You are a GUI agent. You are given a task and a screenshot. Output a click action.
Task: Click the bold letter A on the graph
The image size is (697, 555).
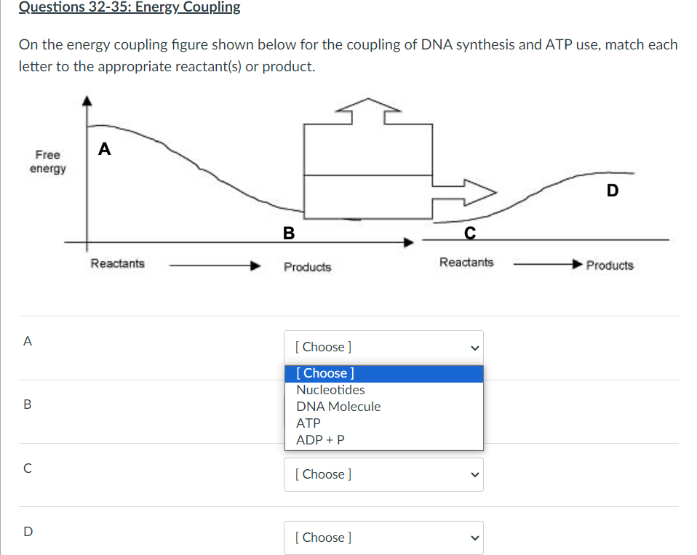[105, 149]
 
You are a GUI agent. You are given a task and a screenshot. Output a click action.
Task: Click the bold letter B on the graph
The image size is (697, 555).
[289, 233]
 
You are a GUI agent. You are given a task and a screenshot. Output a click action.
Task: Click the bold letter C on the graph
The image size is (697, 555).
[470, 232]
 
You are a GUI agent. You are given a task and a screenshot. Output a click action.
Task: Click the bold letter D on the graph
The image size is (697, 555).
[612, 191]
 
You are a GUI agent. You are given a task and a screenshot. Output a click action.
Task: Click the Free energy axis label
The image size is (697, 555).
[47, 161]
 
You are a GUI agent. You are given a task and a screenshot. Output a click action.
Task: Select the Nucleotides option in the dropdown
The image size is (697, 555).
[330, 390]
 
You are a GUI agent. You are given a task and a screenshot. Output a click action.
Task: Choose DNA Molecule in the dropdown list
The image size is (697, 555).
[338, 407]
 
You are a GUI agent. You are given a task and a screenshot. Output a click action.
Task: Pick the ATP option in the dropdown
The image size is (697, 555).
[308, 423]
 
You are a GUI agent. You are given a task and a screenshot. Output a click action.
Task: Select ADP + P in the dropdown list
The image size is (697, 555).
[320, 440]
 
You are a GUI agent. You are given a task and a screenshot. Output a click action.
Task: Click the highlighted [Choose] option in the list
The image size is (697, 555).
[325, 373]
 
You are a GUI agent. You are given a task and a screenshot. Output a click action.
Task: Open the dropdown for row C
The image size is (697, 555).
[383, 474]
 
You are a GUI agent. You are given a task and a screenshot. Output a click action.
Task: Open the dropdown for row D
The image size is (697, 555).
[383, 538]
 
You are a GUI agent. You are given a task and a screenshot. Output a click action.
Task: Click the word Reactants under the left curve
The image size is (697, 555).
[117, 263]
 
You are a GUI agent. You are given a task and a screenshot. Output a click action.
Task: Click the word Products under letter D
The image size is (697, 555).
[609, 265]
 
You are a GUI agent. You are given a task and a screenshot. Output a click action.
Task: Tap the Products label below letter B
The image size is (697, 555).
[307, 267]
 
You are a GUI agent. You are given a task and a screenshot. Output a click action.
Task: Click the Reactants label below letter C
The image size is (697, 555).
[466, 262]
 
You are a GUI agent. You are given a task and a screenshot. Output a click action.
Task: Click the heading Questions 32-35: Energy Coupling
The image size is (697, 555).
[129, 7]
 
